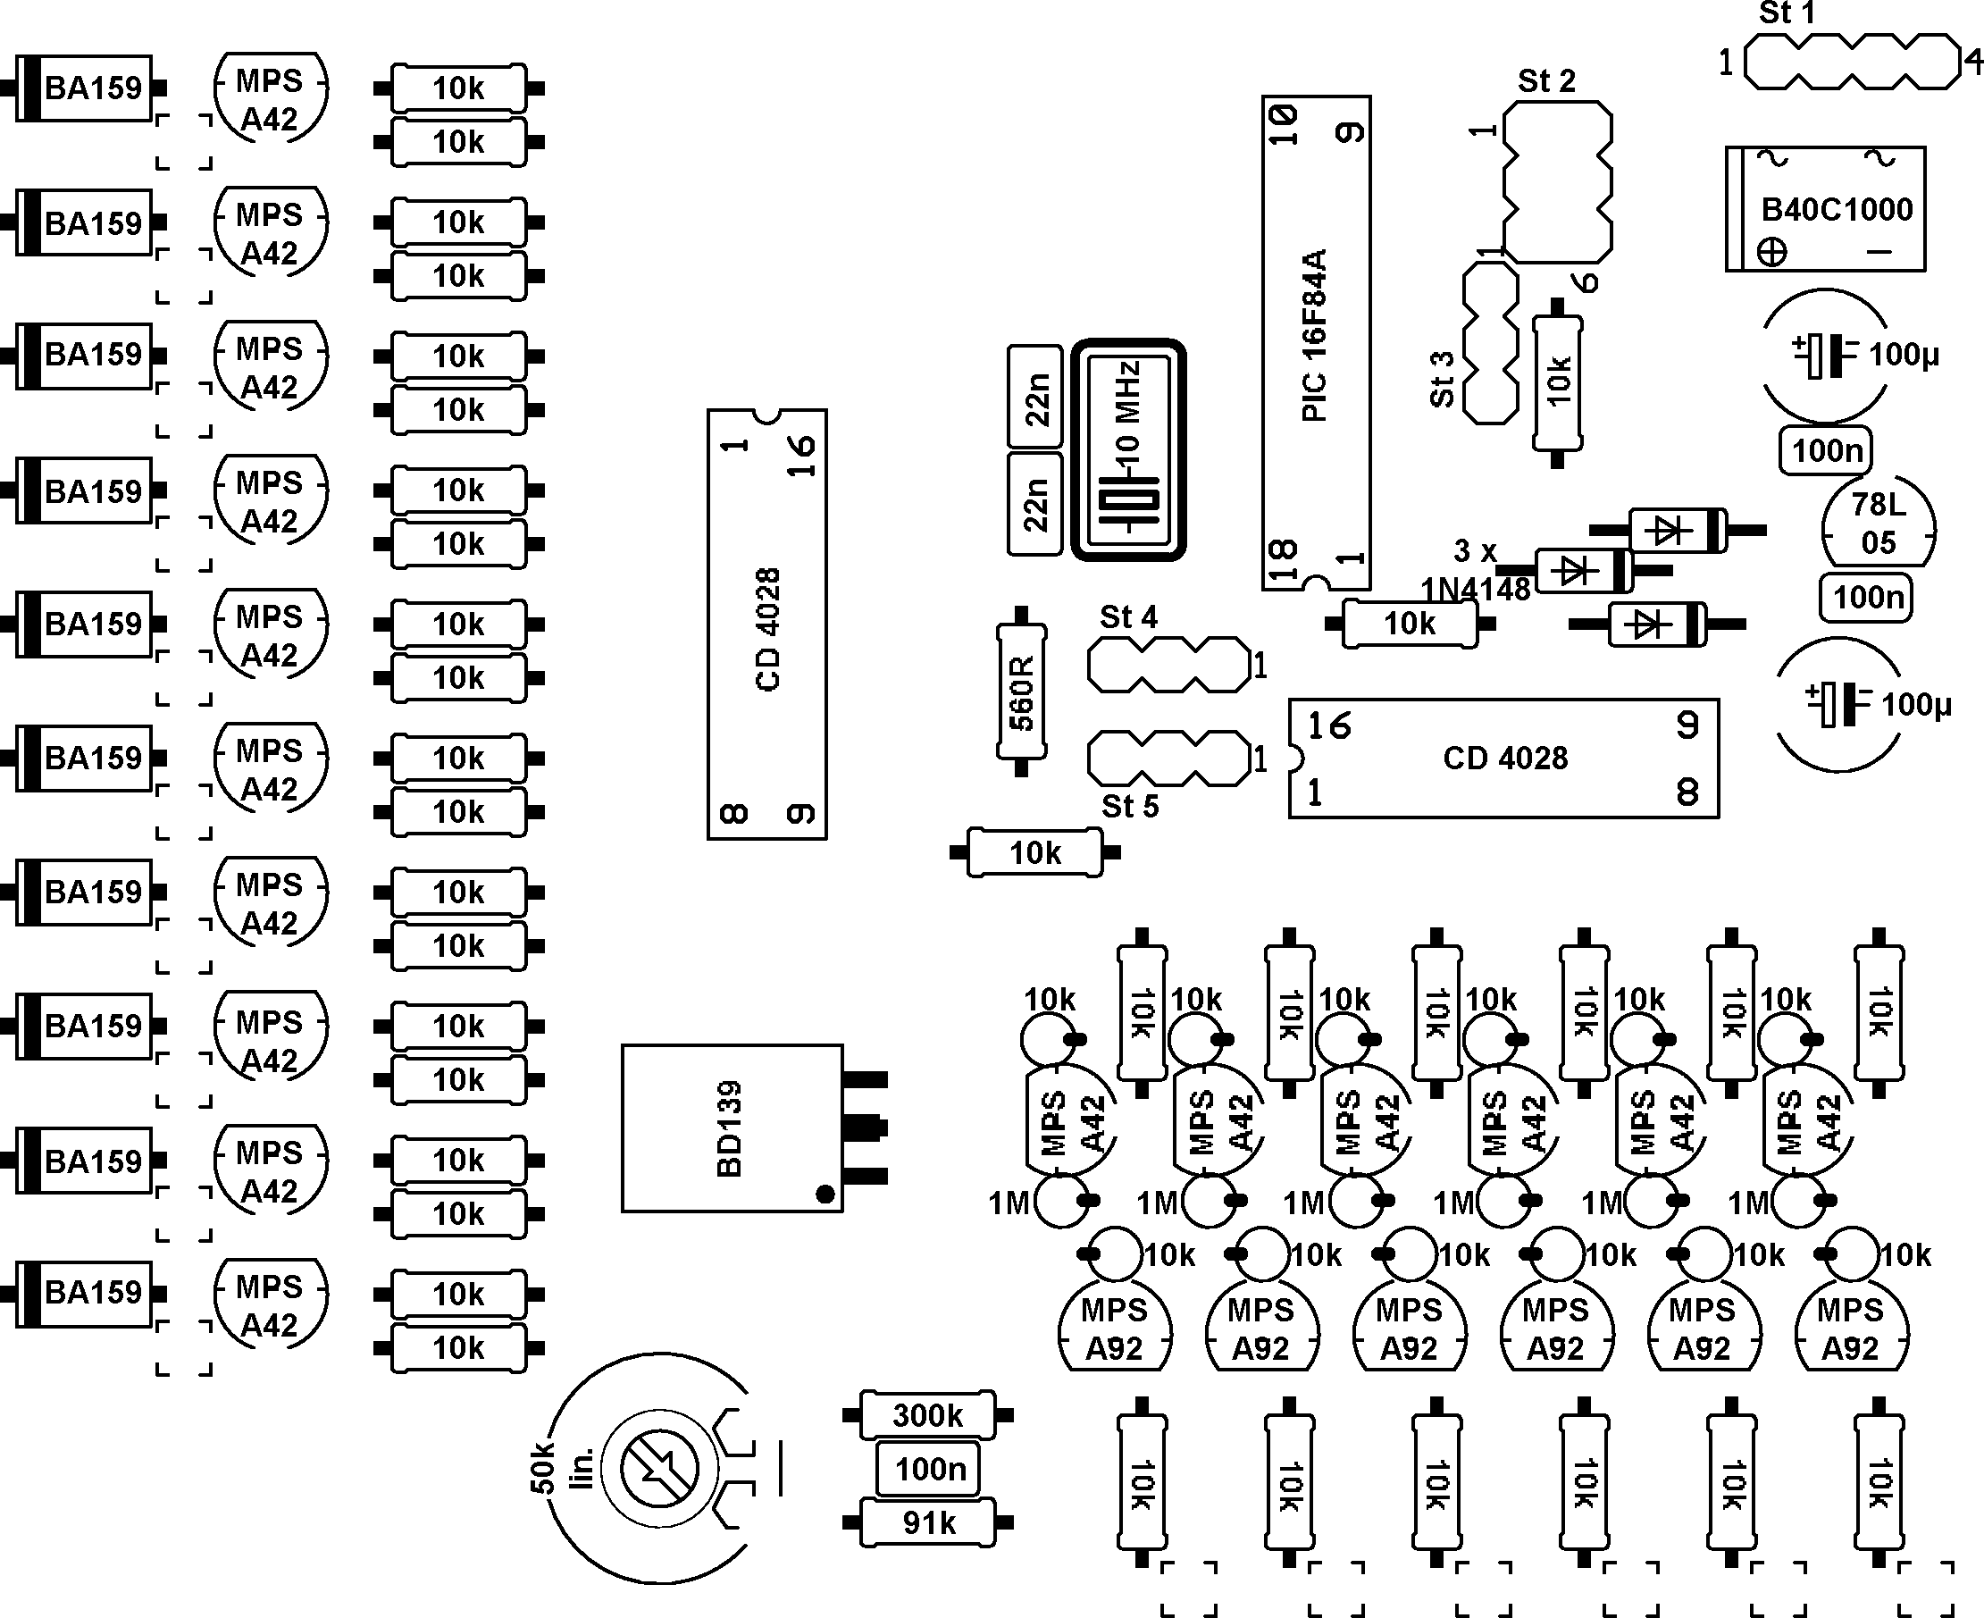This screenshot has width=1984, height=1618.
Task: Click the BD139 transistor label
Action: pyautogui.click(x=730, y=1128)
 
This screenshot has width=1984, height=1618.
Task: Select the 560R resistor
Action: pyautogui.click(x=1021, y=692)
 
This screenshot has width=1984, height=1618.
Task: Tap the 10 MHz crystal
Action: pyautogui.click(x=1127, y=449)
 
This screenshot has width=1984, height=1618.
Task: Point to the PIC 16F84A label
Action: pyautogui.click(x=1314, y=336)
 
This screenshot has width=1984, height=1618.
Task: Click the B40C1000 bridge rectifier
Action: pyautogui.click(x=1826, y=209)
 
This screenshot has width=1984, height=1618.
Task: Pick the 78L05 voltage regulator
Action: pyautogui.click(x=1879, y=524)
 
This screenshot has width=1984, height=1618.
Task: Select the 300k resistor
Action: pyautogui.click(x=928, y=1416)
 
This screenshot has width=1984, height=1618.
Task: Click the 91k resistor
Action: pyautogui.click(x=928, y=1523)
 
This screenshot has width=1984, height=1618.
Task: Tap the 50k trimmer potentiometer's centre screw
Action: pyautogui.click(x=659, y=1469)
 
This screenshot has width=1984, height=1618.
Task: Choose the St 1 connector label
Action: pyautogui.click(x=1787, y=13)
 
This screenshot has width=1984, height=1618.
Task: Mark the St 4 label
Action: pyautogui.click(x=1127, y=617)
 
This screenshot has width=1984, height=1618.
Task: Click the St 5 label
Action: pyautogui.click(x=1129, y=806)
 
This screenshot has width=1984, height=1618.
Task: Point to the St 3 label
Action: pyautogui.click(x=1442, y=380)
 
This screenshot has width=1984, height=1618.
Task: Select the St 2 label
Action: pyautogui.click(x=1546, y=81)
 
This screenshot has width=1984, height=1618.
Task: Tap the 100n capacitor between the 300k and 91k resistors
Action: pyautogui.click(x=928, y=1469)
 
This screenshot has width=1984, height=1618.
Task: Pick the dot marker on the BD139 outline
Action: pyautogui.click(x=825, y=1194)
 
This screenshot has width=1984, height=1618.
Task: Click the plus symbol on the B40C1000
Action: pyautogui.click(x=1771, y=252)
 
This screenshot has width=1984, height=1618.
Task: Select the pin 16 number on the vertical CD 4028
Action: pyautogui.click(x=801, y=456)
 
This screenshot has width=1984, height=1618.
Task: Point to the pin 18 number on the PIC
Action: pyautogui.click(x=1284, y=559)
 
